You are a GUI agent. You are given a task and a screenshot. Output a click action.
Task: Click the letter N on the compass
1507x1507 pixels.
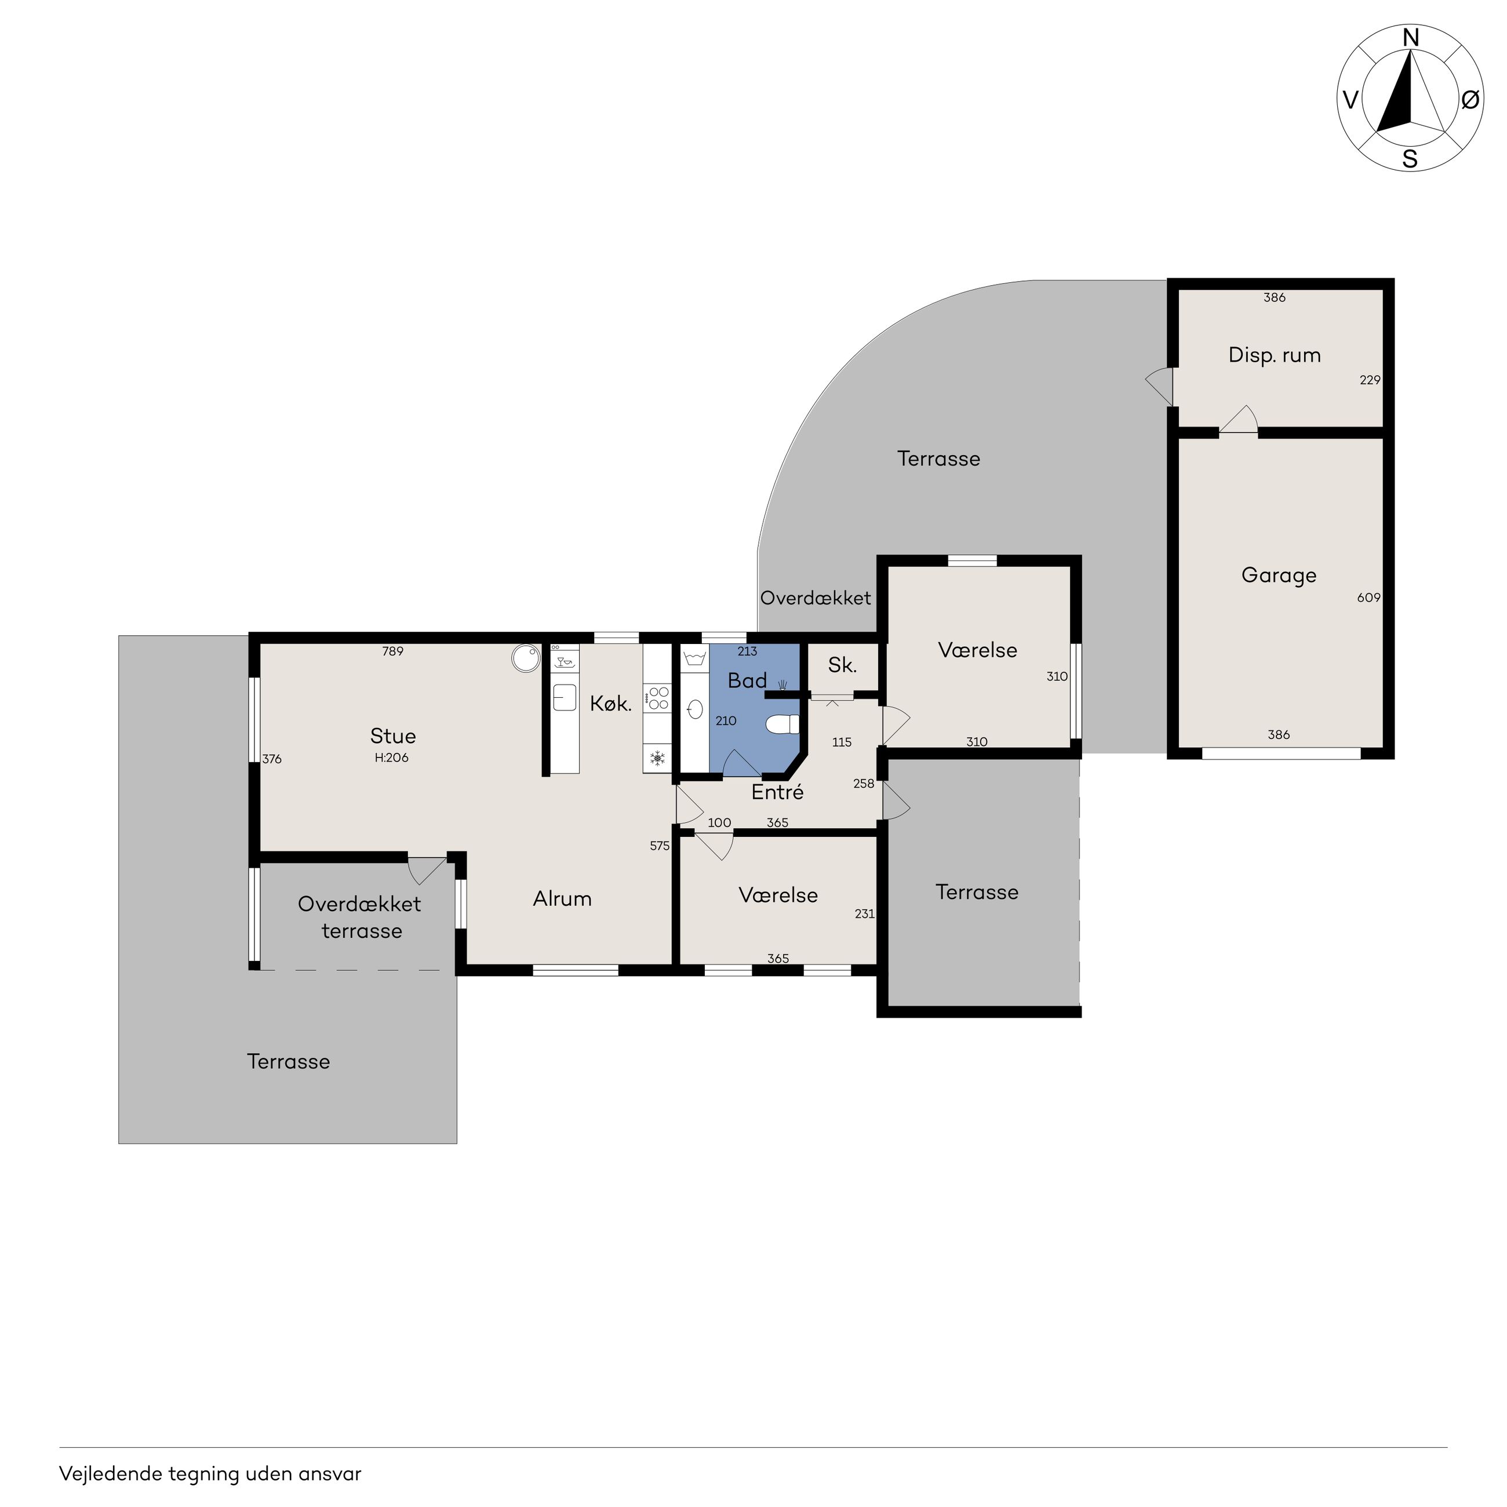1410,37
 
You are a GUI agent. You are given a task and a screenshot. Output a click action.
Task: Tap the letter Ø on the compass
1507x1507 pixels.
1469,100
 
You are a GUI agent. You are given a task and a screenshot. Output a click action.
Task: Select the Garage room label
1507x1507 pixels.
1279,576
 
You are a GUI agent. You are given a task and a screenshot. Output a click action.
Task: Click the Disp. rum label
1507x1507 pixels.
1275,356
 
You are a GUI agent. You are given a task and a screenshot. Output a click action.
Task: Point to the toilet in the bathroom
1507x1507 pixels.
782,725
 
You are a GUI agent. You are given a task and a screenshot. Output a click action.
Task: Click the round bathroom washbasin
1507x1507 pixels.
696,709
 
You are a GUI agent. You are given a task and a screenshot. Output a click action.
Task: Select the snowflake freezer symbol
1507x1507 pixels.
657,758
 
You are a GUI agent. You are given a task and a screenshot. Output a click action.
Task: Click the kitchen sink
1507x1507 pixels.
564,697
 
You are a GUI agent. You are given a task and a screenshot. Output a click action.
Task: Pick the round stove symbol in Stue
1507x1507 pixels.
526,657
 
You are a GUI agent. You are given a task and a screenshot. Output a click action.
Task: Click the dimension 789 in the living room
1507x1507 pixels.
392,651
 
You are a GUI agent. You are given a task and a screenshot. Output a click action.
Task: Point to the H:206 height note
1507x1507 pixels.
392,758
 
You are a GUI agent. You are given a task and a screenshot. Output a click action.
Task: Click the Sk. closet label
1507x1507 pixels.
842,665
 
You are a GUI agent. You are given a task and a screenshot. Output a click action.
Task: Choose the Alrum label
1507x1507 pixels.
562,898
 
